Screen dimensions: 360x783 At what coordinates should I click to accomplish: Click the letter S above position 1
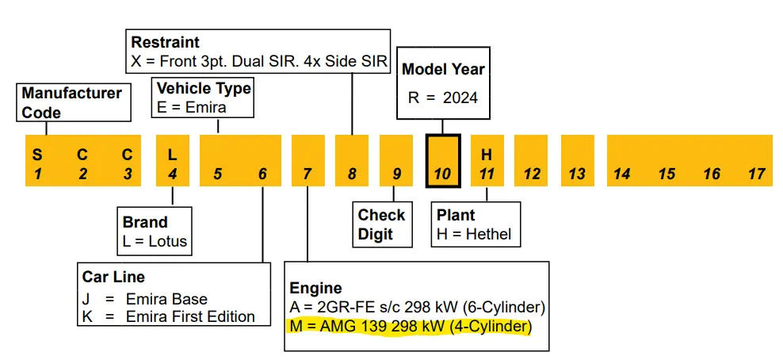(36, 154)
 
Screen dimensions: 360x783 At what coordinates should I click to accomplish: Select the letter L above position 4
(173, 154)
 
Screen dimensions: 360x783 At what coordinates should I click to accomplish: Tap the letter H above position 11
(487, 154)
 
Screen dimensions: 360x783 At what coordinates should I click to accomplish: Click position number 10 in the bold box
(442, 174)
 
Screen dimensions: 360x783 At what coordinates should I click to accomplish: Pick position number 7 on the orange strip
(307, 174)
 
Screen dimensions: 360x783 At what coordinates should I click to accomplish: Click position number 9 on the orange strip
(397, 174)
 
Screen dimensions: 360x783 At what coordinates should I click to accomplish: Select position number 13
(577, 174)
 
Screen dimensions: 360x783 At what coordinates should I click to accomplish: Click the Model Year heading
(443, 69)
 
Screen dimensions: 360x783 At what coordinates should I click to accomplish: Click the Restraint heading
(166, 42)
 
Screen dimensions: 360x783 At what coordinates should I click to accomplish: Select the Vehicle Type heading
(204, 88)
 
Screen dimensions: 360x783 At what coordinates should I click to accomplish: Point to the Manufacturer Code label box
(72, 102)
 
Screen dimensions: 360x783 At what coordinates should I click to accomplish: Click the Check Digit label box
(382, 224)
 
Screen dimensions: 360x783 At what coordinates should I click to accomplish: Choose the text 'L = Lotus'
(155, 240)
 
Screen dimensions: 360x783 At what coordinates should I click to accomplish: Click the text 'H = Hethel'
(474, 234)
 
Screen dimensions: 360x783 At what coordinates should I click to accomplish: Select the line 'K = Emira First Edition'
(168, 316)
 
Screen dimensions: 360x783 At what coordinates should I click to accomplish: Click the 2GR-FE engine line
(417, 307)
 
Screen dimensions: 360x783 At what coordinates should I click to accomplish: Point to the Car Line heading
(113, 277)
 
